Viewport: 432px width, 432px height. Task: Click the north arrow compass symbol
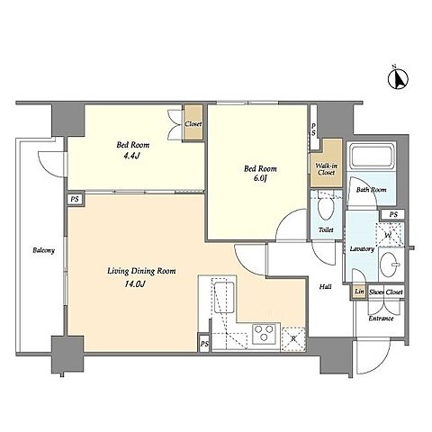click(398, 78)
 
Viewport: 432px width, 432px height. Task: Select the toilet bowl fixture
click(326, 209)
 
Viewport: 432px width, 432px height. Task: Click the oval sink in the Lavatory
click(389, 264)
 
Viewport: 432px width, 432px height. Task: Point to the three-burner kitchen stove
click(265, 334)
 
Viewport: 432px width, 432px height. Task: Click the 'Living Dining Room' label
click(141, 271)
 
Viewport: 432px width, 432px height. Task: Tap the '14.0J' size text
click(135, 283)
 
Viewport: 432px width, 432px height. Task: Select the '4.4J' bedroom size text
click(132, 156)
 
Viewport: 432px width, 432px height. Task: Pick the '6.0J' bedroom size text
click(260, 178)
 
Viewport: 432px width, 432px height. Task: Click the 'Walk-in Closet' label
click(326, 169)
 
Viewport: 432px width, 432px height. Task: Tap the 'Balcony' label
click(44, 250)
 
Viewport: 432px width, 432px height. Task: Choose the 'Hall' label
click(325, 287)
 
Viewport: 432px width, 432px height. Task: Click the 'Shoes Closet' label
click(386, 292)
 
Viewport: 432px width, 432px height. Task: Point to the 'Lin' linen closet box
click(359, 292)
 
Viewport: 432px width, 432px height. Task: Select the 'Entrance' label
click(381, 319)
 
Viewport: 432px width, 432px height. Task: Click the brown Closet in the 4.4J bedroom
click(193, 122)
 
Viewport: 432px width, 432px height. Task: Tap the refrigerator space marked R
click(293, 339)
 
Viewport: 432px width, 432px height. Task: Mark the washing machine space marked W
click(390, 234)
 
